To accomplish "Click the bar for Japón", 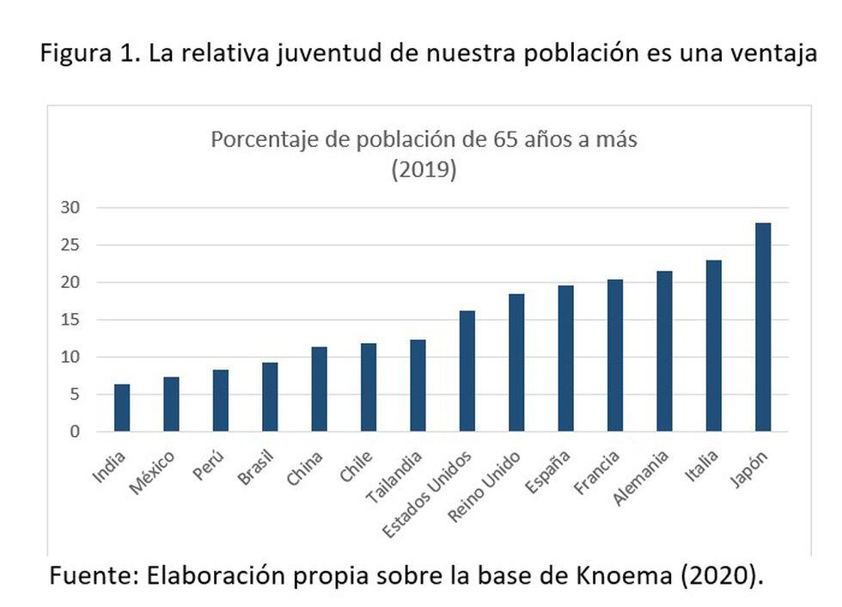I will (x=763, y=327).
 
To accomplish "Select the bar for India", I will (x=122, y=408).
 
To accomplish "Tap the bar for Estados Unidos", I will (x=467, y=371).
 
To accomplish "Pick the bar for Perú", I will (x=221, y=401).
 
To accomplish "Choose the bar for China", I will (x=320, y=389).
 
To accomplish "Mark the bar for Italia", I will (x=714, y=346).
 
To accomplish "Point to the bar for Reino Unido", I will (x=516, y=362).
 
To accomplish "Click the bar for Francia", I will (x=615, y=355).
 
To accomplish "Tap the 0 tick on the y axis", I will (x=75, y=432).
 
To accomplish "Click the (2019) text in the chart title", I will (x=424, y=169).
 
